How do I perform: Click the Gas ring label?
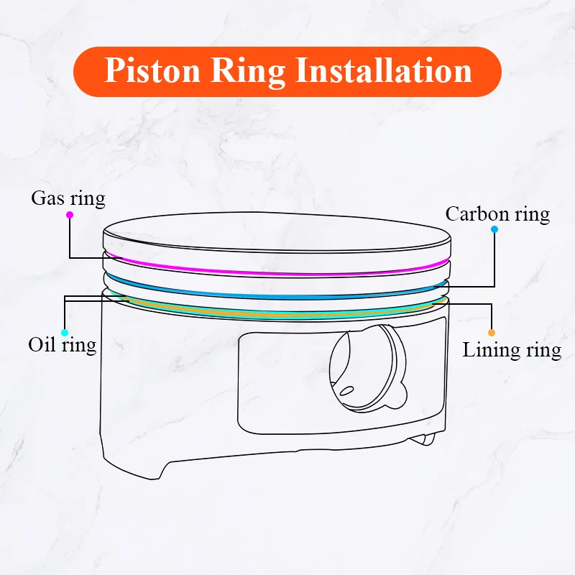(x=68, y=198)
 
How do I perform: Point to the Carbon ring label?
(x=497, y=213)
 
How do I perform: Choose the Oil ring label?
(x=63, y=344)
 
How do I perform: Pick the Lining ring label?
(x=512, y=350)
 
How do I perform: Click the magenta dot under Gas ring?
(x=70, y=214)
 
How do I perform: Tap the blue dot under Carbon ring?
(x=494, y=230)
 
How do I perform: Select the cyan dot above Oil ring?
(x=65, y=332)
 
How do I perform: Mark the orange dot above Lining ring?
(x=492, y=333)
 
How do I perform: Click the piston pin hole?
(x=363, y=367)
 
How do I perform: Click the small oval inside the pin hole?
(x=347, y=391)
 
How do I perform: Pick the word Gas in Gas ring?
(x=47, y=198)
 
